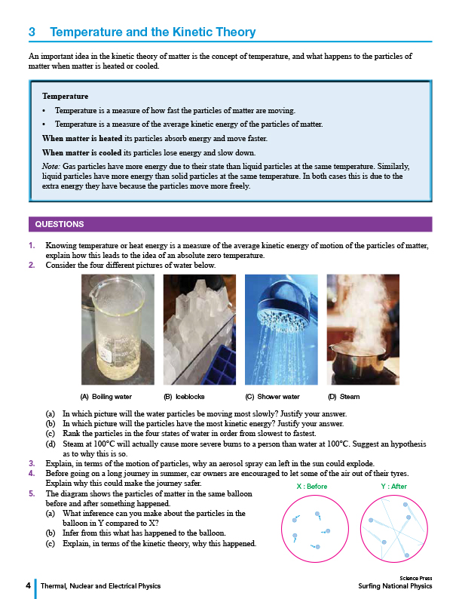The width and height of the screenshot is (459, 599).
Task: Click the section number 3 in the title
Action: point(32,32)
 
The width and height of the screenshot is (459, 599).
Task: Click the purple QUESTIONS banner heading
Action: point(60,224)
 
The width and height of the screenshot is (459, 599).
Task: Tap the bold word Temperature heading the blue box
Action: point(65,97)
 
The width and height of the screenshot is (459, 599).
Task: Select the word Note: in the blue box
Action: point(51,164)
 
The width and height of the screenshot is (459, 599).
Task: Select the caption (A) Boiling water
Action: point(106,396)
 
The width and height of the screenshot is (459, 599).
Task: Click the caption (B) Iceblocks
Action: point(185,396)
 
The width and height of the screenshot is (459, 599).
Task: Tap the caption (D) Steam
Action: point(344,396)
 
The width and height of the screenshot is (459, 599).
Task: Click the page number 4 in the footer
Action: point(28,585)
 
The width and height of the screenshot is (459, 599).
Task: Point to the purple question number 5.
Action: point(31,493)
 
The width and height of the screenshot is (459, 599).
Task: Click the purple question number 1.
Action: point(31,246)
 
